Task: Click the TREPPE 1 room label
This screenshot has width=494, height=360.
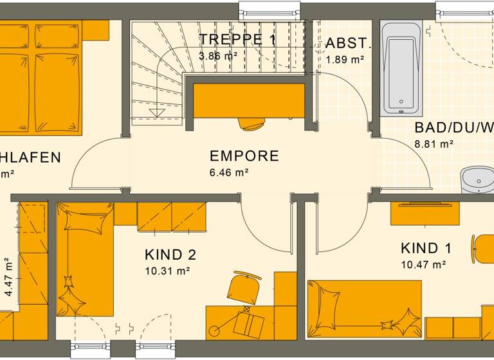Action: point(237,40)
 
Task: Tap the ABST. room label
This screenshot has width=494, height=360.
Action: point(349,43)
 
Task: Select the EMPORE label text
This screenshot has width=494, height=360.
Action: point(244,156)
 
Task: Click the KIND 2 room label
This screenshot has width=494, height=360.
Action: point(170,255)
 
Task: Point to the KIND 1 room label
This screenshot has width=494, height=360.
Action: point(426,248)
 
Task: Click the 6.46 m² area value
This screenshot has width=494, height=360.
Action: point(229,172)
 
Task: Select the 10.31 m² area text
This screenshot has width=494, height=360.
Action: point(167,271)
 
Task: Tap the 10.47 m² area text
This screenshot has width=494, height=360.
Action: point(423,264)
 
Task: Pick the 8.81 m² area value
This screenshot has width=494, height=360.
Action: point(434,144)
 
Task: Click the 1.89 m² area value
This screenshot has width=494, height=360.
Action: point(345,59)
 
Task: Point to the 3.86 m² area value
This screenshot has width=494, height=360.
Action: point(219,56)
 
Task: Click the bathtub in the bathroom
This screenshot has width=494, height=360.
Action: point(401,68)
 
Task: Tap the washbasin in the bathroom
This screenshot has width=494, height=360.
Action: point(477,180)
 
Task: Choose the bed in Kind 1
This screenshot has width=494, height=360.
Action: point(363,309)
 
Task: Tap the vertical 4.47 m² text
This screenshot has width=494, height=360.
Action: point(8,276)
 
